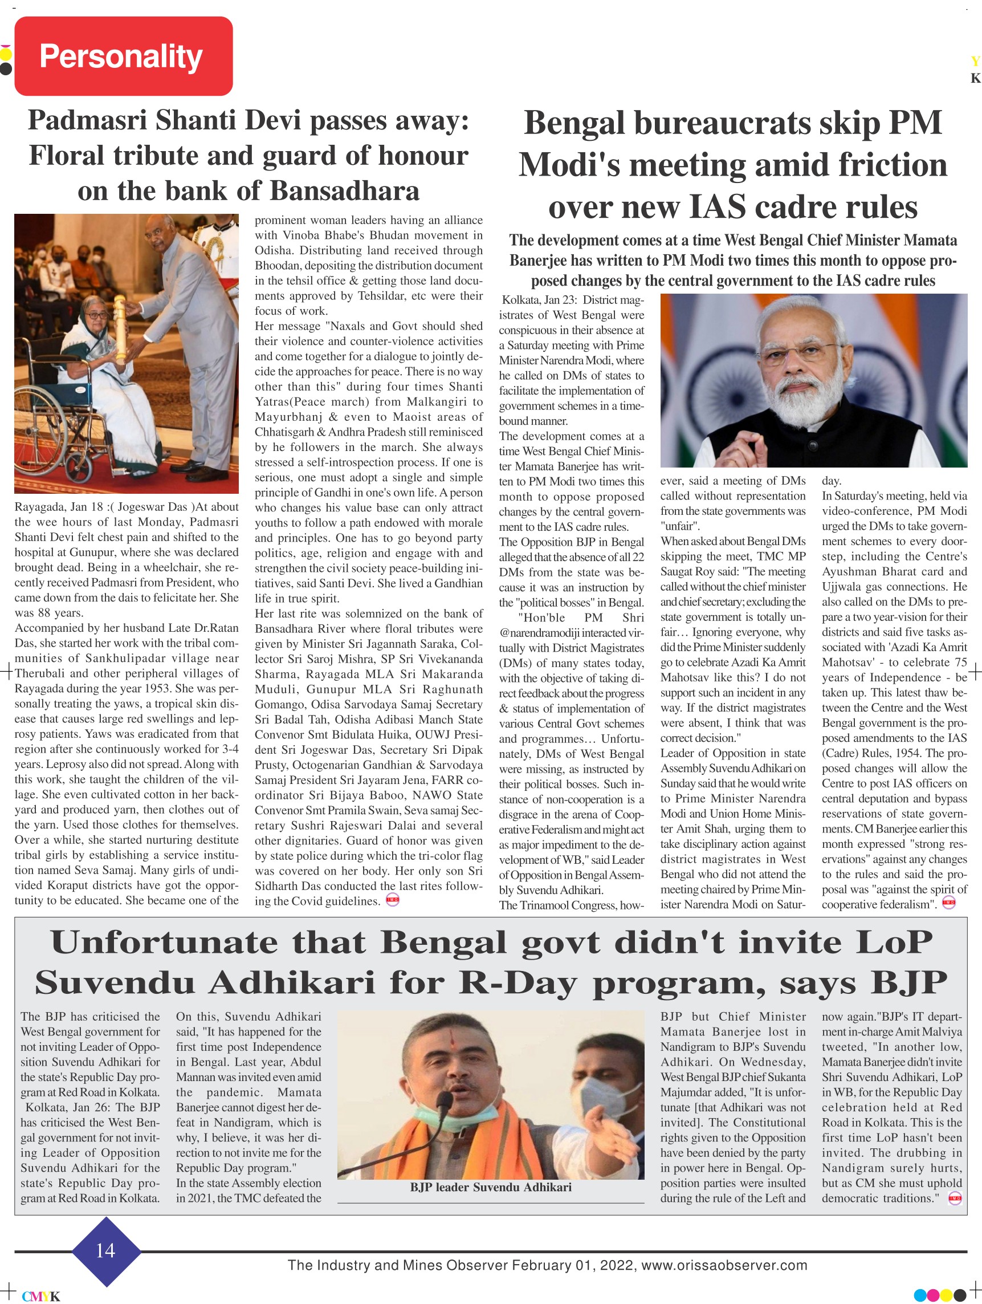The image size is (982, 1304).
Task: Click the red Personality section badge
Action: [x=123, y=56]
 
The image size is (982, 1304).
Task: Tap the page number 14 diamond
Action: [x=106, y=1250]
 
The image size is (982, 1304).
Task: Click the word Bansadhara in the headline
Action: [x=344, y=191]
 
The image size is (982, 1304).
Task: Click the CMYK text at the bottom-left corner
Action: [x=41, y=1297]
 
